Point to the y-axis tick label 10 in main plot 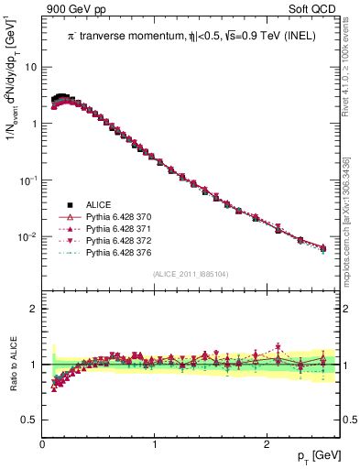(30, 67)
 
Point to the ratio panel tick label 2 (34, 309)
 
